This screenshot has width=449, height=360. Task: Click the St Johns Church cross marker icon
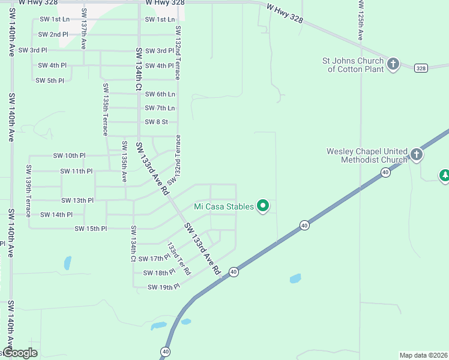coord(393,64)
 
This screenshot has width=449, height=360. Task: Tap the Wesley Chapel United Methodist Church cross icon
coord(416,155)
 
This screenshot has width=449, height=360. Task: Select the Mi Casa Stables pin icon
coord(263,206)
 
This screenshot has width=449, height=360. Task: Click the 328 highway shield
coord(421,67)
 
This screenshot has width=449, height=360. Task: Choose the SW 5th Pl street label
coord(50,80)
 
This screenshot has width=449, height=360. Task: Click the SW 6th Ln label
coord(160,94)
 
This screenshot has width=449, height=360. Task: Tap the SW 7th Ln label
coord(160,108)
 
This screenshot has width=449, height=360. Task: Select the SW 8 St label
coord(157,122)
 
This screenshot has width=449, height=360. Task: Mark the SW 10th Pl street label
coord(70,155)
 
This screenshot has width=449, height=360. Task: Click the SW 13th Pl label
coord(77,200)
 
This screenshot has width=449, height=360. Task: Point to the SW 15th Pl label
coord(91,229)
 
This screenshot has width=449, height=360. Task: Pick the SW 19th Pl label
coord(164,287)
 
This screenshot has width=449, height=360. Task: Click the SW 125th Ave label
coord(361,20)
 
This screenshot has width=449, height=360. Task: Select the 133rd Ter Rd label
coord(178,259)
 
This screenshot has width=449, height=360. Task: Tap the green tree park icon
coord(445,175)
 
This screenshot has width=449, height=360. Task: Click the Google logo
coord(20,353)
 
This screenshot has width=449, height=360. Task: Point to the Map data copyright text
coord(423,355)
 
